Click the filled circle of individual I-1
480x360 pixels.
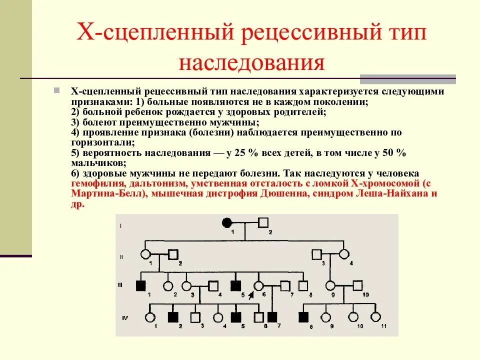point(227,222)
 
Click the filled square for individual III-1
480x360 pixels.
point(140,285)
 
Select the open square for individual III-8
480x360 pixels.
point(302,285)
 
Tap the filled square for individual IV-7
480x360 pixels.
point(272,316)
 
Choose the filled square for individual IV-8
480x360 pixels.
point(303,316)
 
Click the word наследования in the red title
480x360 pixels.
point(252,63)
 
